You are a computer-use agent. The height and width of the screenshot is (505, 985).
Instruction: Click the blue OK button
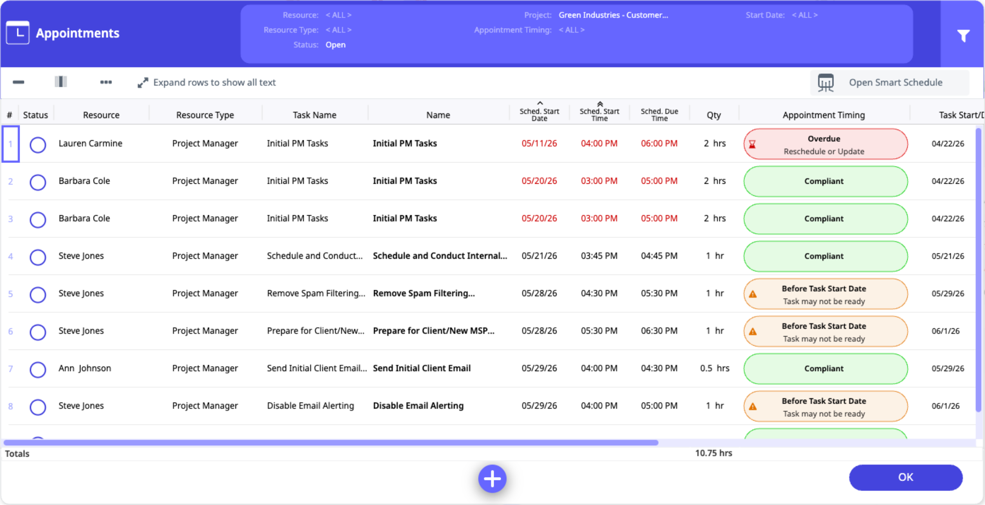905,477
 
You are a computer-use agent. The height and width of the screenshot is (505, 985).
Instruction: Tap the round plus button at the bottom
492,479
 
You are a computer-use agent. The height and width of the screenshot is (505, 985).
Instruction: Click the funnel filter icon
963,35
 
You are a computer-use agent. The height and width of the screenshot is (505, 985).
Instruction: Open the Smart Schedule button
890,82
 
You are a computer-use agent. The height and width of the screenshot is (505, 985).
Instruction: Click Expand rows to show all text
206,82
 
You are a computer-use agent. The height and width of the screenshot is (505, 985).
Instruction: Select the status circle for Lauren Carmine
38,145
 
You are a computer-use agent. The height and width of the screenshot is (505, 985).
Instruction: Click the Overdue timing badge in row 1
825,144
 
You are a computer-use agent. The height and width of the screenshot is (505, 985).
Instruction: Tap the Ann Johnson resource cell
85,368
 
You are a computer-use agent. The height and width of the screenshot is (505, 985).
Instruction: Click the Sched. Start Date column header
539,114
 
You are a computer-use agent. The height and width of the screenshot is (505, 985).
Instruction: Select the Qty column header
713,115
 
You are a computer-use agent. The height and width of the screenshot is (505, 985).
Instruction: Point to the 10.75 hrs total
713,453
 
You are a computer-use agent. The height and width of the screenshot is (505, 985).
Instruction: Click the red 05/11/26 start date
539,143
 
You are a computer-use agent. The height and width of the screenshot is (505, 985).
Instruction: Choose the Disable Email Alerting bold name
418,406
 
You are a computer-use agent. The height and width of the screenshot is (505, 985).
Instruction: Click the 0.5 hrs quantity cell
715,368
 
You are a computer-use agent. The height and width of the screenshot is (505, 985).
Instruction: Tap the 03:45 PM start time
599,256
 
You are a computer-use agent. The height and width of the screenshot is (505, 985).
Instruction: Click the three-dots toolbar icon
106,82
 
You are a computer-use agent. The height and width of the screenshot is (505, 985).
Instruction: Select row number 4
11,256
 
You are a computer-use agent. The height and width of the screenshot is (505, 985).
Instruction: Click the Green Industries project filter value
613,15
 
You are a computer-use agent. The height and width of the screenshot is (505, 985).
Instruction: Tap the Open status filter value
336,45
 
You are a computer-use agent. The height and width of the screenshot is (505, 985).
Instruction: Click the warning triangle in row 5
752,294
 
